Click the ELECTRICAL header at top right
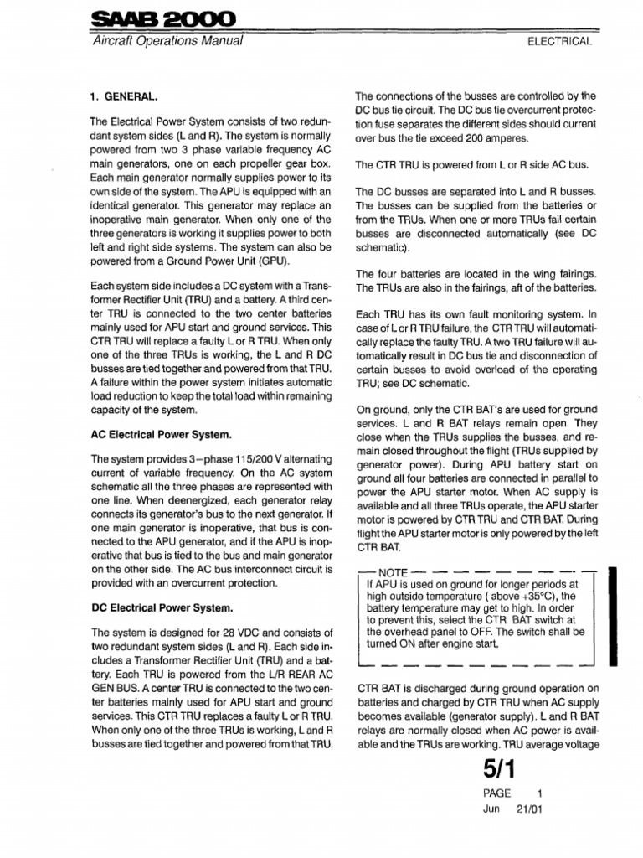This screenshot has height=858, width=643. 560,41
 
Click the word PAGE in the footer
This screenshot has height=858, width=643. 496,793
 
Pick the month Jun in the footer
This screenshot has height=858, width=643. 491,809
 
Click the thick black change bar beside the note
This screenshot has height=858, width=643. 615,615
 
